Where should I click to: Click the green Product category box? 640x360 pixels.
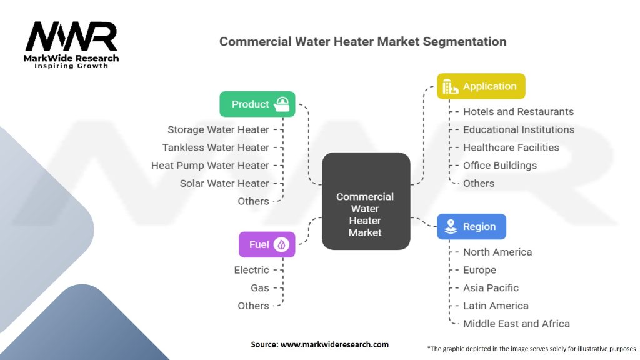point(257,104)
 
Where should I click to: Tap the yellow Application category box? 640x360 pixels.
point(481,86)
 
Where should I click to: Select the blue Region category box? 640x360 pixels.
point(471,227)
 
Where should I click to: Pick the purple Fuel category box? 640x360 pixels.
point(266,244)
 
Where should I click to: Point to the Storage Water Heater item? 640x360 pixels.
point(218,129)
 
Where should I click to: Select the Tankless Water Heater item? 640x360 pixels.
point(216,147)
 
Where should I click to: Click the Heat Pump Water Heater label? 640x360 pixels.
point(210,166)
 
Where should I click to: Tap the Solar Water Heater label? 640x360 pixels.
point(224,183)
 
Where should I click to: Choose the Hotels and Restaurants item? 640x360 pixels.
point(518,111)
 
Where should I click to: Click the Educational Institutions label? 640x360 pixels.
point(519,129)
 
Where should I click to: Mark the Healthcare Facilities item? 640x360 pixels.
point(511,147)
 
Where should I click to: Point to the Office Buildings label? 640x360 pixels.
point(499,166)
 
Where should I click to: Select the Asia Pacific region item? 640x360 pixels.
point(491,288)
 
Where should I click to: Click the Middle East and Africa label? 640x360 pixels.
point(516,324)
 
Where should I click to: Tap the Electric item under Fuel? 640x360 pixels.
point(251,270)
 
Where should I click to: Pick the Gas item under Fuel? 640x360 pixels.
point(260,288)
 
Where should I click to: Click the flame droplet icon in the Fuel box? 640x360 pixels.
point(282,244)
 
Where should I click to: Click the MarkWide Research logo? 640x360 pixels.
point(72,44)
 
